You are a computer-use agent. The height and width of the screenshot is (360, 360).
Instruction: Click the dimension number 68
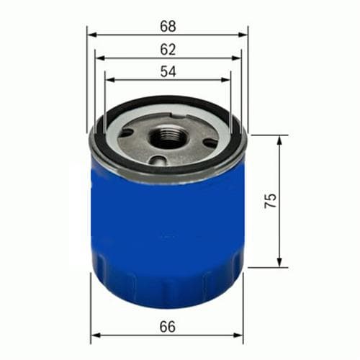(168, 27)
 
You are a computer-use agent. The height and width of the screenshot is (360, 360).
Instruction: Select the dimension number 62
(168, 49)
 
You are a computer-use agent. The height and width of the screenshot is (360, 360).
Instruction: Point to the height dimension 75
(270, 201)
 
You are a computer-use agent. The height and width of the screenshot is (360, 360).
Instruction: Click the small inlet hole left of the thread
(129, 132)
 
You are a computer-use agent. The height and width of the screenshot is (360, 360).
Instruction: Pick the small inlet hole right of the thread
(209, 142)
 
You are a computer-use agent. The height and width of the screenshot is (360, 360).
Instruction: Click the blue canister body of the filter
(168, 230)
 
